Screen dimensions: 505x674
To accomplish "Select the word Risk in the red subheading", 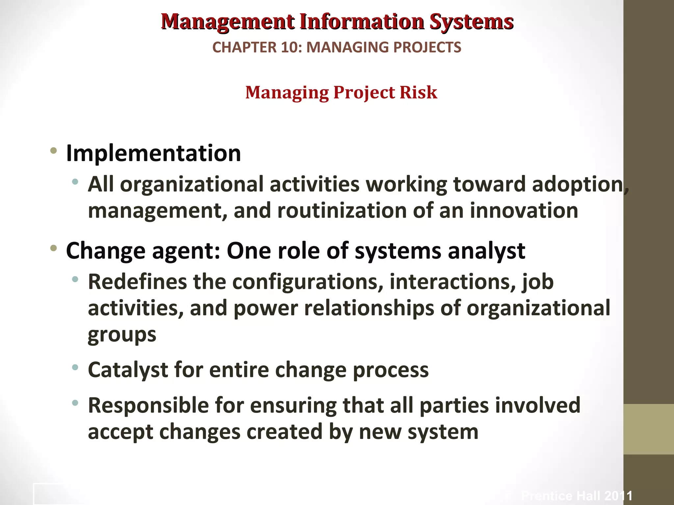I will (418, 92).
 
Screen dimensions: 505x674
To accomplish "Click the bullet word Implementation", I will (153, 153).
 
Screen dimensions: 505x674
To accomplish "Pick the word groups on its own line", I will (122, 335).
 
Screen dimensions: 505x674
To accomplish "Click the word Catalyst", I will (128, 370).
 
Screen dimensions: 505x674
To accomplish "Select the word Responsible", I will (148, 405).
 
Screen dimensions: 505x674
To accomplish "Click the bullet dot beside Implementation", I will (54, 152).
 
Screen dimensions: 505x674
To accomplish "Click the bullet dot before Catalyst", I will (75, 367).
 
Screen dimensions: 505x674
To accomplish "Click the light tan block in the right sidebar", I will (648, 429).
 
